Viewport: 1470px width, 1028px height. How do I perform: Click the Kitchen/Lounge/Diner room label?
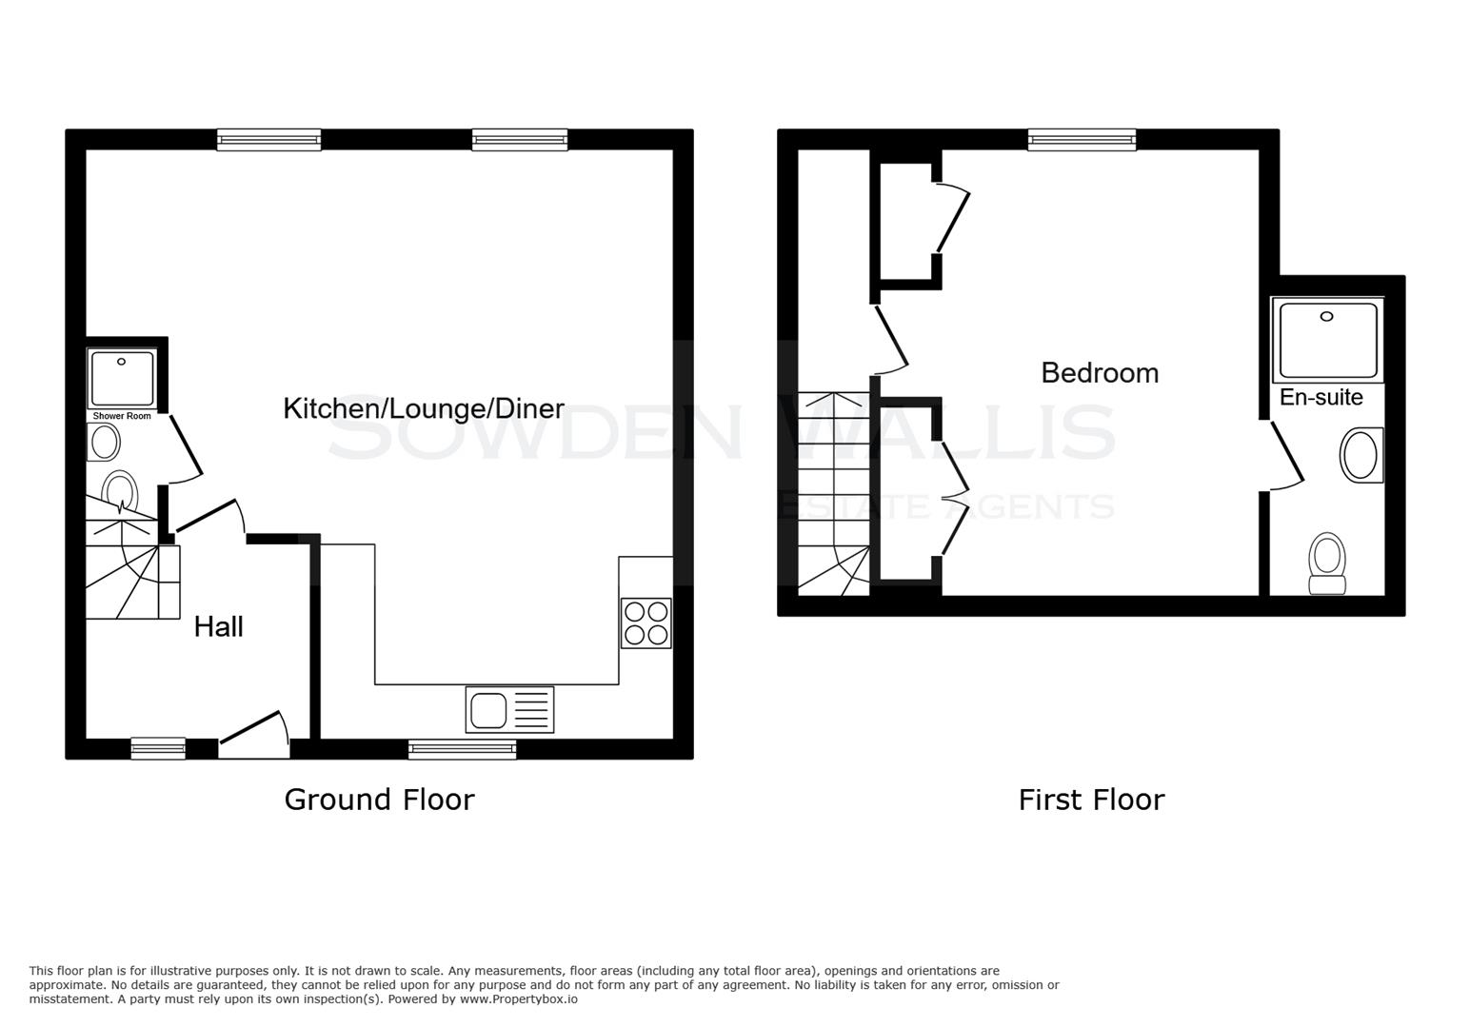tap(424, 409)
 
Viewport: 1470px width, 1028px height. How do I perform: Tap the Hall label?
tap(219, 626)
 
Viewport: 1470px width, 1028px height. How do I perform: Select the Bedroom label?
tap(1100, 372)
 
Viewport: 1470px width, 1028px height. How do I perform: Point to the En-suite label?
tap(1321, 397)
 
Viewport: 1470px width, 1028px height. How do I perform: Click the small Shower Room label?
tap(122, 416)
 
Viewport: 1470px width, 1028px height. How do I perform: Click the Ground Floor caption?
tap(379, 799)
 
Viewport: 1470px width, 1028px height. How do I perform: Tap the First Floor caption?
tap(1091, 799)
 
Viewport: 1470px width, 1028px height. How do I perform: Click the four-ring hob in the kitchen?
tap(646, 623)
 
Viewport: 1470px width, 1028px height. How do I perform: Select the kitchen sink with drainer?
tap(509, 710)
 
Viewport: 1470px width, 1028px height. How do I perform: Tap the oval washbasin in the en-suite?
tap(1360, 456)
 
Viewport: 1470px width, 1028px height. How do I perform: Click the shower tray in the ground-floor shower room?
tap(122, 379)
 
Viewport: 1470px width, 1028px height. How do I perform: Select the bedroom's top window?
tap(1082, 140)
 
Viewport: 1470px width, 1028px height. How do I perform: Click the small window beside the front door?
tap(158, 749)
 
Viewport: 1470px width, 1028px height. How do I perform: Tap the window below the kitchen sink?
tap(462, 749)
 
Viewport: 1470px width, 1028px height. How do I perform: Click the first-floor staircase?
tap(834, 495)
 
